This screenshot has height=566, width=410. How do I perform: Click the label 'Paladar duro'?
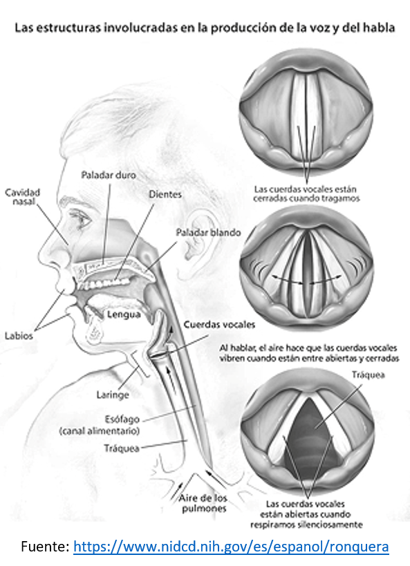pyautogui.click(x=109, y=175)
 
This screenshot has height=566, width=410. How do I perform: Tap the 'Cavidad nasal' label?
pyautogui.click(x=22, y=197)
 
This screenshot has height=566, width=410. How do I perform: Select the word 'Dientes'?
pyautogui.click(x=165, y=194)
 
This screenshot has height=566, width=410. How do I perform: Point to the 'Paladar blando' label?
pyautogui.click(x=208, y=232)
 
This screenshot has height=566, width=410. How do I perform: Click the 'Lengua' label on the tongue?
pyautogui.click(x=124, y=314)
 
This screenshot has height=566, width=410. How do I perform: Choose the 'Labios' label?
pyautogui.click(x=19, y=336)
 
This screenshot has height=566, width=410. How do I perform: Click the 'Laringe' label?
pyautogui.click(x=113, y=395)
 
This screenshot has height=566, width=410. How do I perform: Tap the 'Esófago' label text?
pyautogui.click(x=122, y=419)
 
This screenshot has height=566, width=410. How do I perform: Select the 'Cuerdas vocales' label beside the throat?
pyautogui.click(x=219, y=325)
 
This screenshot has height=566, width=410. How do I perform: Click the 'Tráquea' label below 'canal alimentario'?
pyautogui.click(x=122, y=449)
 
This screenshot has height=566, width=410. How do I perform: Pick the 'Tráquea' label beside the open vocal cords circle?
pyautogui.click(x=368, y=375)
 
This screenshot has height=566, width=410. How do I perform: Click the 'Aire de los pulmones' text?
pyautogui.click(x=203, y=503)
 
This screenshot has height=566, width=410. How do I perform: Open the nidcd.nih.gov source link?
pyautogui.click(x=231, y=546)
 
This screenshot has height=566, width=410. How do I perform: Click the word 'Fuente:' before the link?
pyautogui.click(x=45, y=546)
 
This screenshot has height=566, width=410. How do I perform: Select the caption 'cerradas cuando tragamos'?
pyautogui.click(x=306, y=198)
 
